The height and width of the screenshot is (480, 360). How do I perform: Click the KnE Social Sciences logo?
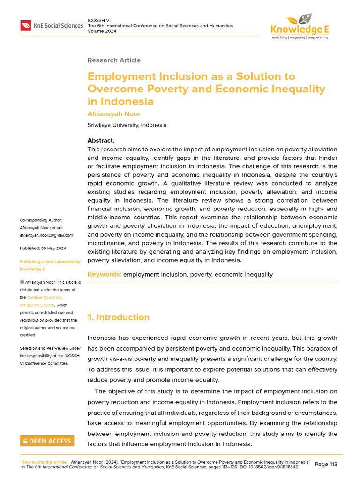[52, 26]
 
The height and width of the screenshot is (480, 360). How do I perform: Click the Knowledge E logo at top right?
[300, 26]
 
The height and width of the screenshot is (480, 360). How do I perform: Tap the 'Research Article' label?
[114, 60]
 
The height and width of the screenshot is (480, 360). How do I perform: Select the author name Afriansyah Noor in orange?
[114, 114]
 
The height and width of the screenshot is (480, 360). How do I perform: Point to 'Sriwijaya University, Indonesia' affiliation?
[127, 125]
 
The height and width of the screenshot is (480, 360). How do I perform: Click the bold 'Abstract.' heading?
[101, 141]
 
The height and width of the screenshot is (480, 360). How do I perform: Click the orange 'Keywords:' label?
[105, 274]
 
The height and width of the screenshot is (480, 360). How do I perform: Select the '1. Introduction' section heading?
[119, 317]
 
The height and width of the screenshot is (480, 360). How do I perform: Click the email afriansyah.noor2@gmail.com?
[46, 235]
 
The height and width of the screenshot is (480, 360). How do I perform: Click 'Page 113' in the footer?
[326, 465]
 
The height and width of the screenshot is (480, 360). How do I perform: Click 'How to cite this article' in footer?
[44, 462]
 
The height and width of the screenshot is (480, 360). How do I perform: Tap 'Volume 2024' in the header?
[102, 31]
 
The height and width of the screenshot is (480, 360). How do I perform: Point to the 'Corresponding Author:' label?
[41, 220]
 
